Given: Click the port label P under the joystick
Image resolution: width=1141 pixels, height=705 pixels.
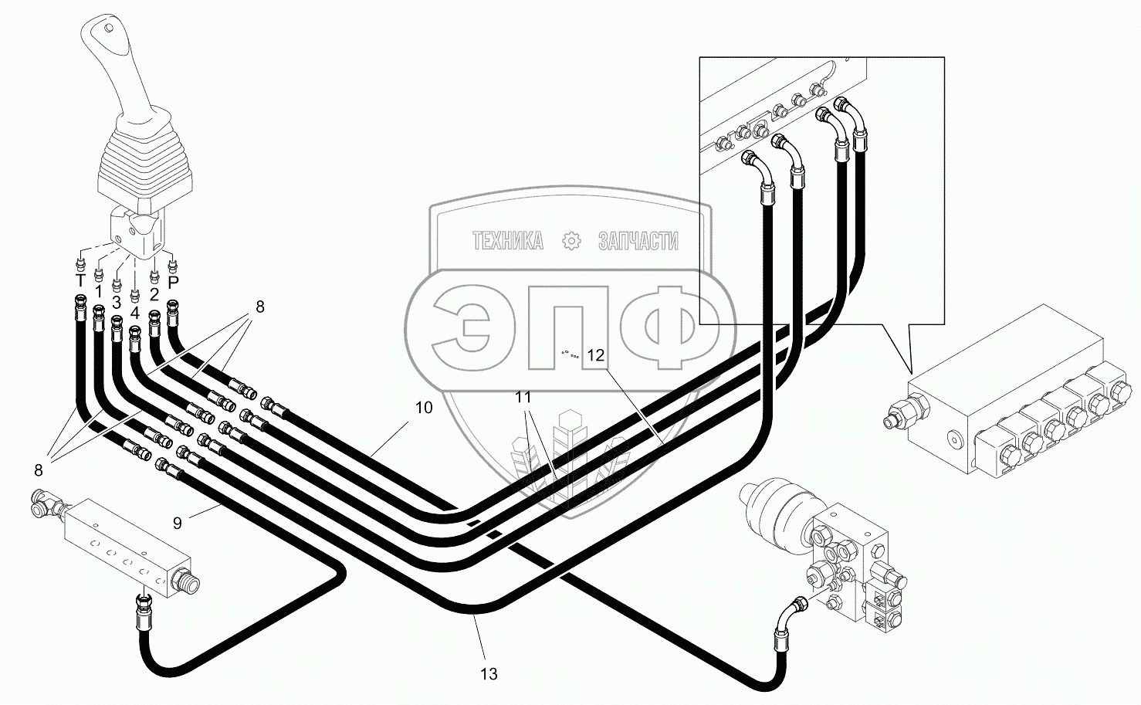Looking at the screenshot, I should coord(173,284).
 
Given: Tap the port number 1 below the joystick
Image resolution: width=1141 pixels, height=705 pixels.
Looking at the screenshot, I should coord(98,292).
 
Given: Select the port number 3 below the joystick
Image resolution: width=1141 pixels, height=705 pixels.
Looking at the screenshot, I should coord(117,301).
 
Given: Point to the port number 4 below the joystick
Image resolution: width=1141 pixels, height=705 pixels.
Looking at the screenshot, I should coord(135,313).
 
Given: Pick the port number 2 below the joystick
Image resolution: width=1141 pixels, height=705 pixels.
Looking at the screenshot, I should coord(154,294).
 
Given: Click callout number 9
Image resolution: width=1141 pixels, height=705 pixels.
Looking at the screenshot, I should coord(178,524).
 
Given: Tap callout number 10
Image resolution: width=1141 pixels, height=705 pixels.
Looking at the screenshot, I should coord(424,408).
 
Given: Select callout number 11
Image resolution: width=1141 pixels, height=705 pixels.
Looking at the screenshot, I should coord(523,398).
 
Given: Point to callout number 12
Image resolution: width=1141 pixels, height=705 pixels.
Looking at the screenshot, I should coord(596,355).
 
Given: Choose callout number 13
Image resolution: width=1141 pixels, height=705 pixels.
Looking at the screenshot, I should coord(489,674).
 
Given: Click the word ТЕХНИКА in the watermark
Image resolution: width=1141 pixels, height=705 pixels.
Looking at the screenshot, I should coord(507,242).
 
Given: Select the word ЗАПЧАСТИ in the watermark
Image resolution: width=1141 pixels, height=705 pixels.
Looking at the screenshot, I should coord(638,242).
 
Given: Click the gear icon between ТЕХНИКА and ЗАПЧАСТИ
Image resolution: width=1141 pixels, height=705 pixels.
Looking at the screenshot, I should coord(571,241).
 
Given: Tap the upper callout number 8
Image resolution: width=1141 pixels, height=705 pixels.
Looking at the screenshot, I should coord(260,307).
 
